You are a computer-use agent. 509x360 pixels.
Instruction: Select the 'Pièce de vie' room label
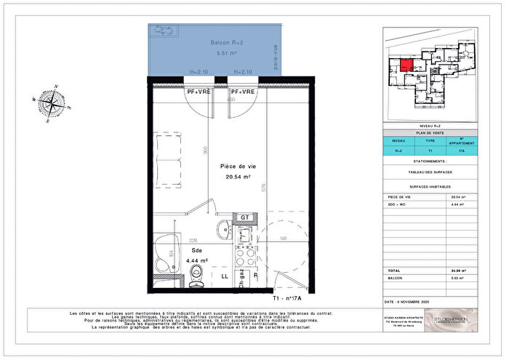(x=236, y=167)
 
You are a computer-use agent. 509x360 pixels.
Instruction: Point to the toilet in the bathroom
(x=196, y=273)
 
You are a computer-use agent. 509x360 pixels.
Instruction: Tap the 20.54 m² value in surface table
(x=457, y=197)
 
